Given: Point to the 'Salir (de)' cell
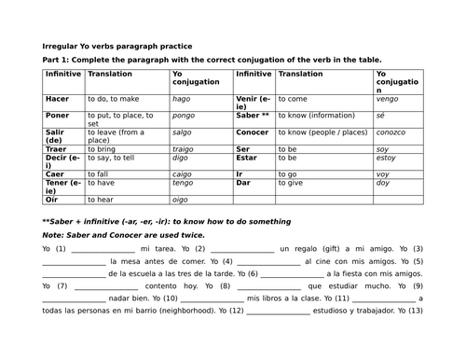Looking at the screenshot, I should point(56,138).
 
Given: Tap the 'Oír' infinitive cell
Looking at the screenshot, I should point(52,199).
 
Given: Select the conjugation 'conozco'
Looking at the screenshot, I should point(392,132).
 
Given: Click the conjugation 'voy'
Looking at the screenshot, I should point(383,173).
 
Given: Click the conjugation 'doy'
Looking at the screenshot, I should point(383,185).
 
